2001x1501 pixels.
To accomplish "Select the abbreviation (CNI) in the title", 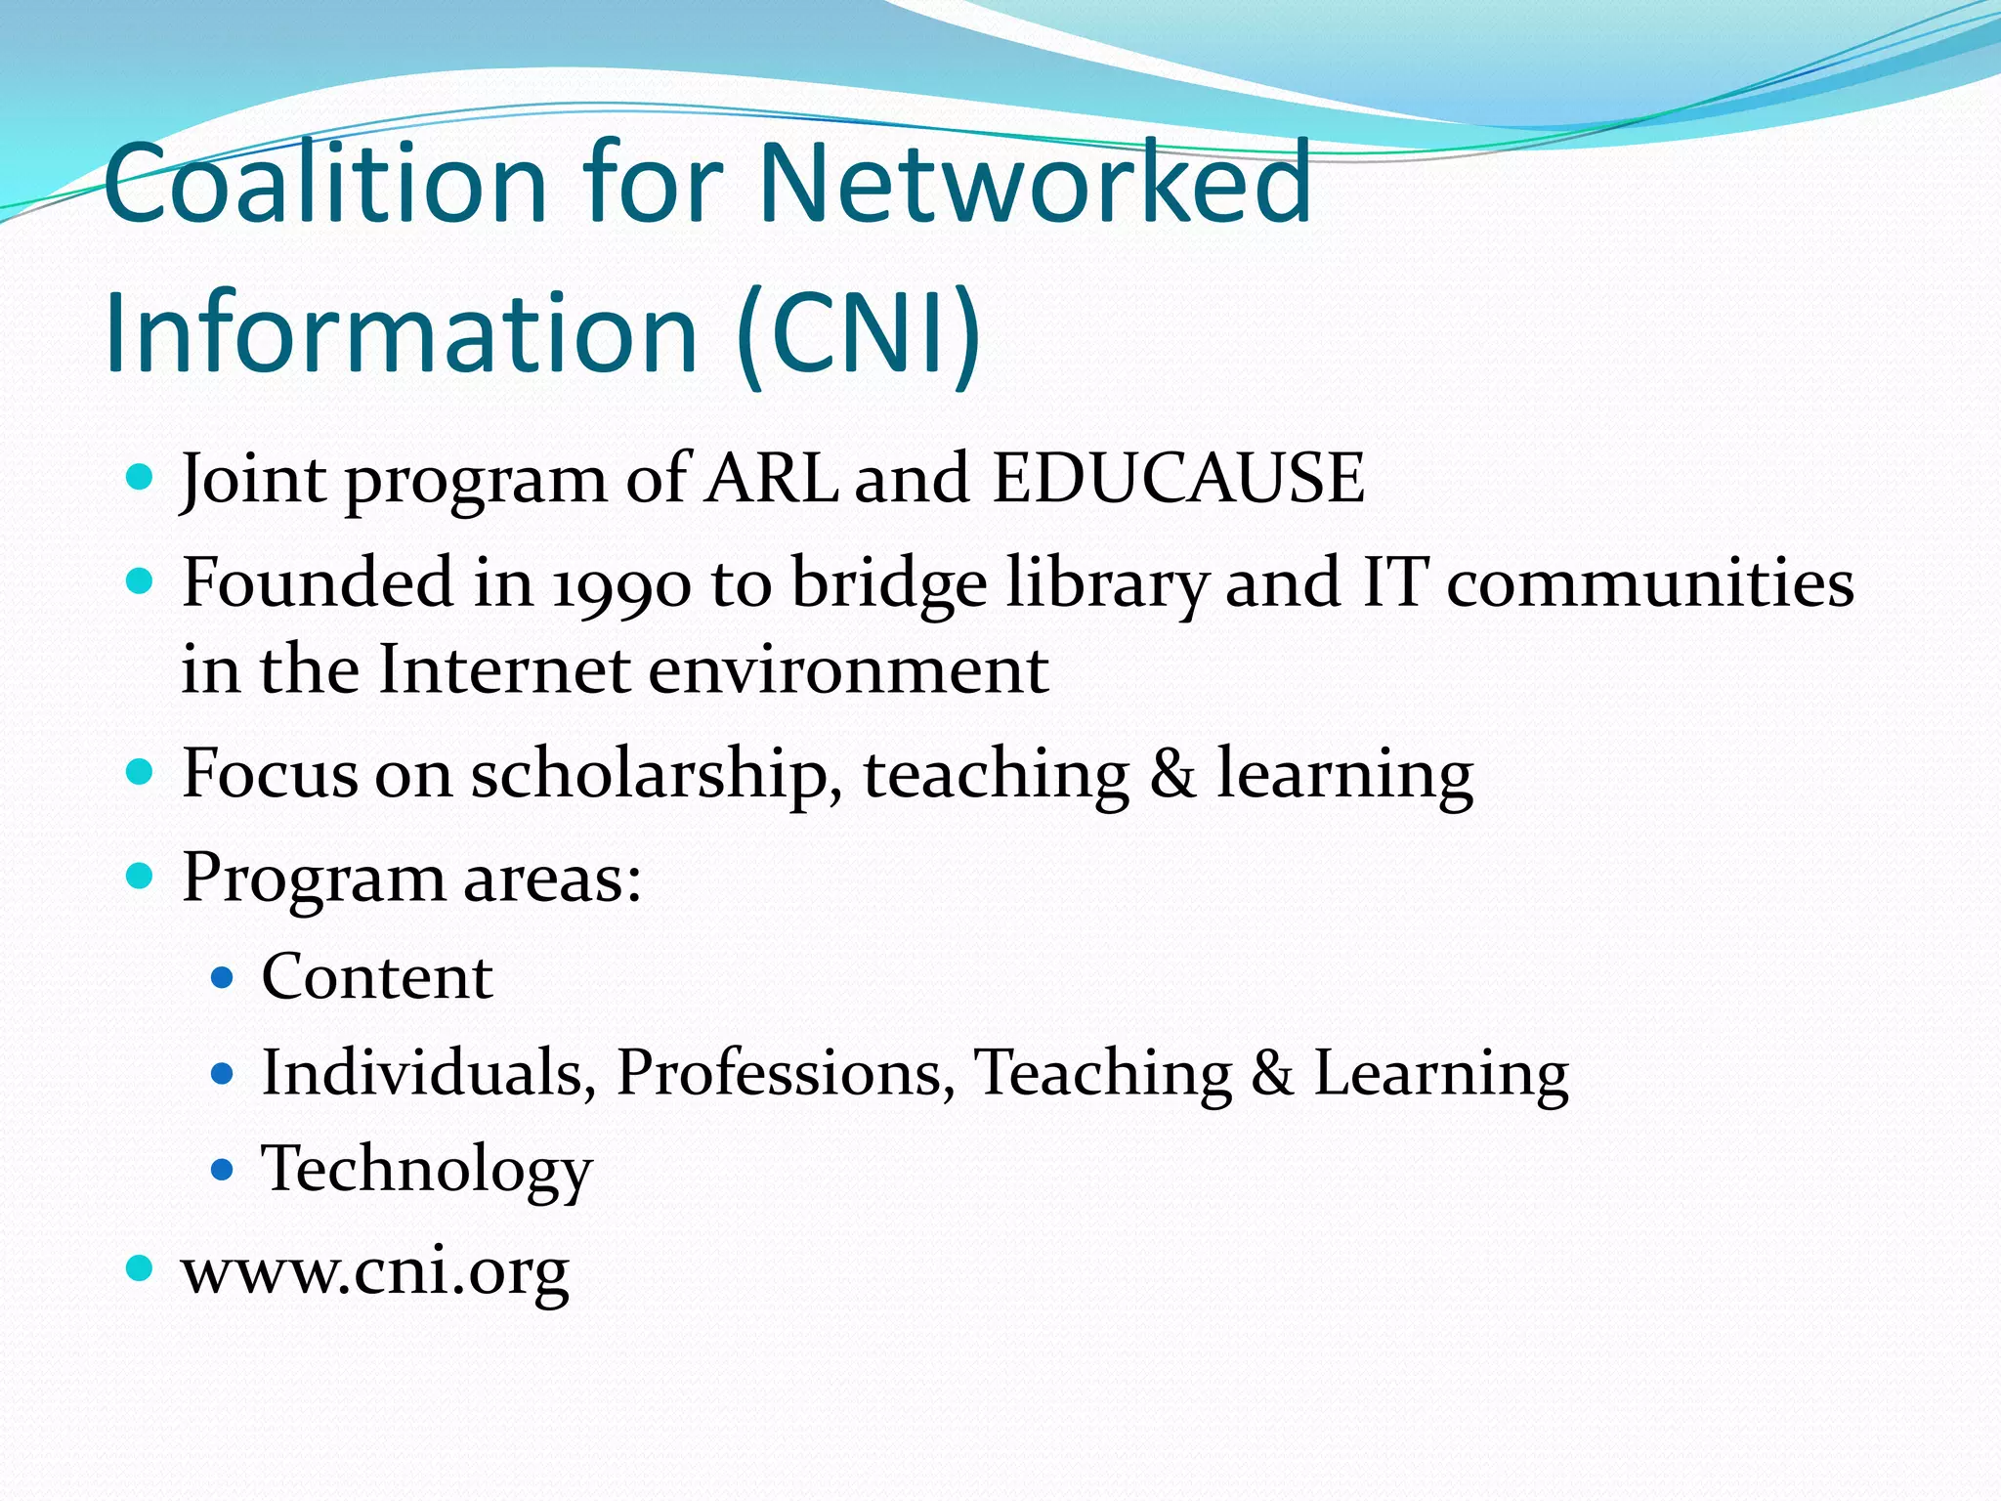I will point(859,332).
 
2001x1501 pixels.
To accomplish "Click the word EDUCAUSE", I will point(1178,479).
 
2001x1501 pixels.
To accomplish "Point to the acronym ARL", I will point(771,479).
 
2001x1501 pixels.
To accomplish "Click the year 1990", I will point(621,584).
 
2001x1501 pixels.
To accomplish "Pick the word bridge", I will point(888,584).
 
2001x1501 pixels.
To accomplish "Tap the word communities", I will point(1650,584).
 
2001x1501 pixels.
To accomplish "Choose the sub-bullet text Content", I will point(377,976).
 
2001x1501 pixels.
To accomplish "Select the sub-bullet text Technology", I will point(426,1169).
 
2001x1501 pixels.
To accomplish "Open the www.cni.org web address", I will point(375,1271).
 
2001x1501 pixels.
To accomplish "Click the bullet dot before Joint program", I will point(141,478).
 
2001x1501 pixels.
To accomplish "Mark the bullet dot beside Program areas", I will point(141,875).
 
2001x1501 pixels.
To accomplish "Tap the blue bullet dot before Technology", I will point(223,1168).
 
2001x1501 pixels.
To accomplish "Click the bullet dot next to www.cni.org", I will point(141,1268).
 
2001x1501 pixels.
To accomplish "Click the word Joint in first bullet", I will point(253,479).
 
